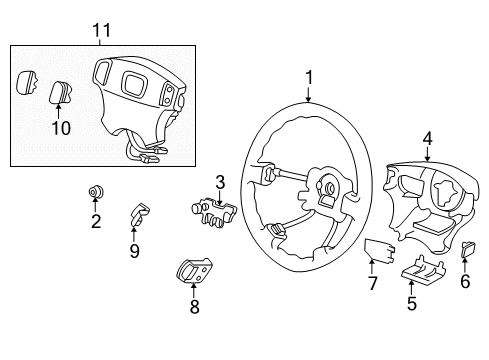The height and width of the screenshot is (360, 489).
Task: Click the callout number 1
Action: point(309,76)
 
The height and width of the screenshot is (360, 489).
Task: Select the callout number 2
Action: point(96,222)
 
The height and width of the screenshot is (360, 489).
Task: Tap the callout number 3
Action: point(220,182)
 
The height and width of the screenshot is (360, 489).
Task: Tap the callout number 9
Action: point(134,250)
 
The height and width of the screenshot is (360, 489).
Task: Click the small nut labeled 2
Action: point(96,193)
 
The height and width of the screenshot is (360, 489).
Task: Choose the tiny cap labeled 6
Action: point(467,250)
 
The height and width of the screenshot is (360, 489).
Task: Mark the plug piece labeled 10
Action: point(59,95)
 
